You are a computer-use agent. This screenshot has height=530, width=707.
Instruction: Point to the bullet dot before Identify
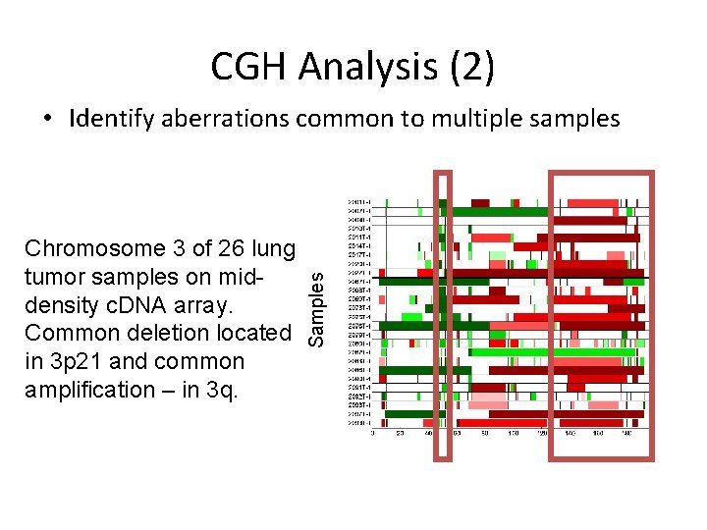[x=48, y=120]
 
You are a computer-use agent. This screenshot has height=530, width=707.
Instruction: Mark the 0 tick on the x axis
[x=373, y=433]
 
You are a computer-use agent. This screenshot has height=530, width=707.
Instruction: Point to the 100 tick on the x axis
[x=514, y=433]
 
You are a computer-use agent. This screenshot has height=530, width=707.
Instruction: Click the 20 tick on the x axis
[x=401, y=433]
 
